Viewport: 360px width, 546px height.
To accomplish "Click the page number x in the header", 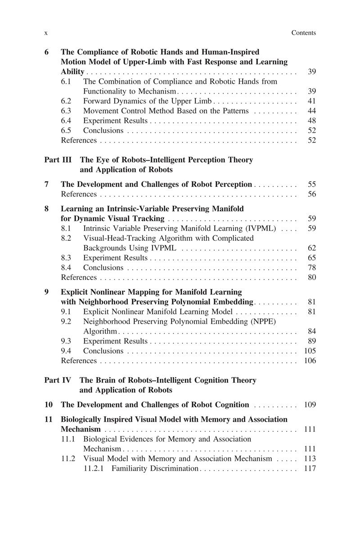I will point(46,33).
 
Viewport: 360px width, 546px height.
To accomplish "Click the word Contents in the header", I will point(304,33).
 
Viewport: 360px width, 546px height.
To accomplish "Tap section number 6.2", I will point(67,101).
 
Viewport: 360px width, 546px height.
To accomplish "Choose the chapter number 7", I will point(47,184).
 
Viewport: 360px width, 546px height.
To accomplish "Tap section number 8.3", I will point(67,258).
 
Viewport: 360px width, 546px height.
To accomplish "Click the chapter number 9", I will point(47,292).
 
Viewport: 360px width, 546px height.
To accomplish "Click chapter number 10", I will point(49,405).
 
